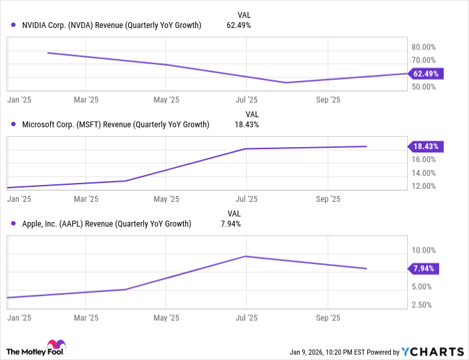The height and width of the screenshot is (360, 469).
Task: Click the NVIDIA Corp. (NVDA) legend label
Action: point(111,25)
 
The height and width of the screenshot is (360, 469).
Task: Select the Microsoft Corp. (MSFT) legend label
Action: point(115,124)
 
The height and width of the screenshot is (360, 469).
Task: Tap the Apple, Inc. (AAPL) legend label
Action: point(106,223)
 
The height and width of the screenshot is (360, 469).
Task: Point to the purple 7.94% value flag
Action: point(424,268)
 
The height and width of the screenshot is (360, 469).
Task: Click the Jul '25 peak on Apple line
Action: point(246,256)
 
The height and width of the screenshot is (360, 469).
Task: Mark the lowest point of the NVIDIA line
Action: point(285,83)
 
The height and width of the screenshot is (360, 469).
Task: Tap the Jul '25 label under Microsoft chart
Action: point(246,199)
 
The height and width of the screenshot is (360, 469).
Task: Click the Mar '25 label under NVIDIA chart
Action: point(86,100)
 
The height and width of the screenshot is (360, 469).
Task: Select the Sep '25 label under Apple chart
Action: point(328,318)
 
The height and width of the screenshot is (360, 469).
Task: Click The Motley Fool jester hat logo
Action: point(53,347)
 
